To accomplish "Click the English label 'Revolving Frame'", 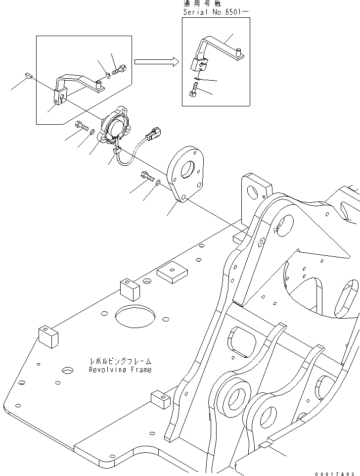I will point(120,370).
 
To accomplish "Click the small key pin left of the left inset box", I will point(29,76).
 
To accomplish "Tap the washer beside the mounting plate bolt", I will point(158,183).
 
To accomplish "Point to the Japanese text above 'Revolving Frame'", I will point(121,362).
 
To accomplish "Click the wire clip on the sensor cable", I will point(118,149).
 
